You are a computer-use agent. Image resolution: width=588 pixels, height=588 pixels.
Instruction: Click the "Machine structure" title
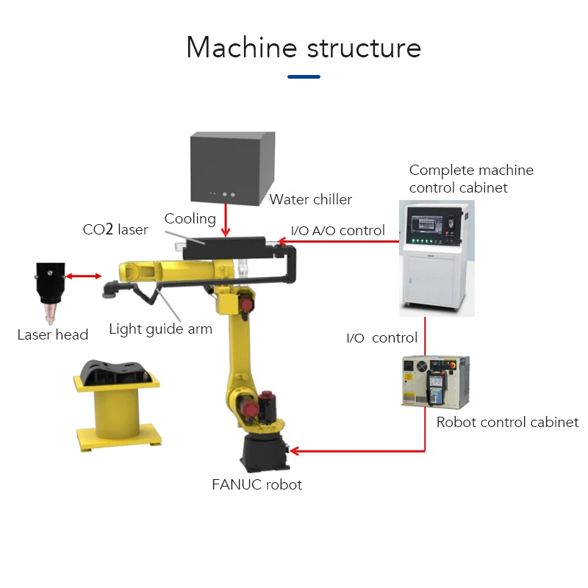pyautogui.click(x=304, y=48)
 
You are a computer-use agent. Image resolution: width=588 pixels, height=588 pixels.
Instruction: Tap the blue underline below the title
pyautogui.click(x=304, y=76)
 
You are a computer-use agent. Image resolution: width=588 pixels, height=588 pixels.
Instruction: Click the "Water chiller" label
pyautogui.click(x=311, y=199)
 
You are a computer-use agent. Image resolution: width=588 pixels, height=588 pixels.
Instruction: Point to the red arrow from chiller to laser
pyautogui.click(x=226, y=218)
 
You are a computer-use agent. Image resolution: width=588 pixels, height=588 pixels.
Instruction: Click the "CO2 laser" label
pyautogui.click(x=115, y=229)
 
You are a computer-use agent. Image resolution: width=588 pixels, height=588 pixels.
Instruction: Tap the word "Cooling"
pyautogui.click(x=190, y=218)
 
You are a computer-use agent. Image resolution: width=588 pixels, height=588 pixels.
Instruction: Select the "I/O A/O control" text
pyautogui.click(x=338, y=231)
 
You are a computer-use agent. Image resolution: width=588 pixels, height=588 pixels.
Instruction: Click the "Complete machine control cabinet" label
pyautogui.click(x=471, y=179)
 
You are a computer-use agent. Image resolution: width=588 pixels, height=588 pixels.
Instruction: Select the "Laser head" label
pyautogui.click(x=53, y=335)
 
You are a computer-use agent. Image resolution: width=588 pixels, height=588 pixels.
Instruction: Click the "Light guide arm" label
pyautogui.click(x=160, y=329)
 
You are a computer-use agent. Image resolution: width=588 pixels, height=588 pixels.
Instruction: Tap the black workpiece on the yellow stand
pyautogui.click(x=117, y=371)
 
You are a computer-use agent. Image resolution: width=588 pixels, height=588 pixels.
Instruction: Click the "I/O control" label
pyautogui.click(x=381, y=338)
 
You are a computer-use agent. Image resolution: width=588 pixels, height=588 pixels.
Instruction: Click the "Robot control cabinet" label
pyautogui.click(x=507, y=422)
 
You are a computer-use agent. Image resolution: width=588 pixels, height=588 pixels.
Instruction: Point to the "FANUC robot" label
pyautogui.click(x=257, y=484)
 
